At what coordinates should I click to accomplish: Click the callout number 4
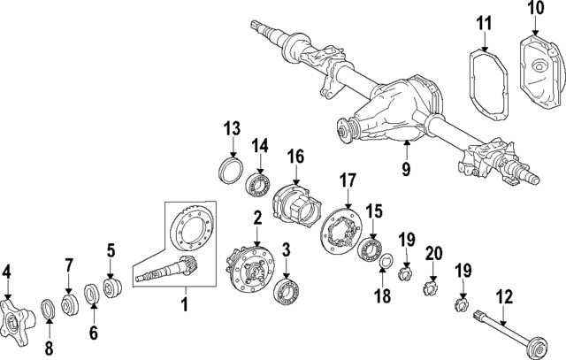click(8, 271)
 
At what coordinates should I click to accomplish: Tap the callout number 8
click(49, 348)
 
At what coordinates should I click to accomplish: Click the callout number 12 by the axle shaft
click(504, 297)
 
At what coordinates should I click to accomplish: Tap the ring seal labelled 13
click(232, 169)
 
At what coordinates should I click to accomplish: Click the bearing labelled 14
click(258, 184)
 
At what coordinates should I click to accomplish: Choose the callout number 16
click(294, 157)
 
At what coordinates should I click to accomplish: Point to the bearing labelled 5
click(112, 288)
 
